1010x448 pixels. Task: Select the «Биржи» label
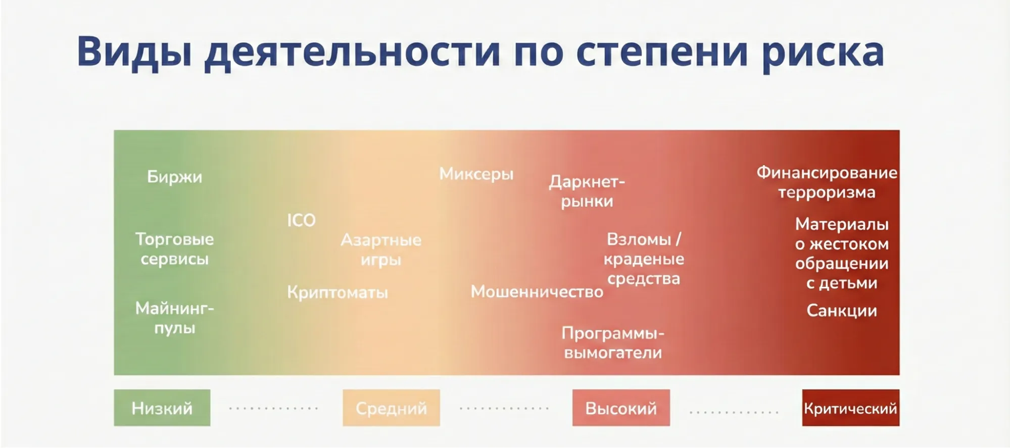point(174,177)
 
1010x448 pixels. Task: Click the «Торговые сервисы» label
point(174,249)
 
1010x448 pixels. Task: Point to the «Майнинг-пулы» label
point(174,318)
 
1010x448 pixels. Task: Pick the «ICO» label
point(301,220)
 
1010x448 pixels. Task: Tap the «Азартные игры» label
point(381,250)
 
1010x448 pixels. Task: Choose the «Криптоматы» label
point(338,292)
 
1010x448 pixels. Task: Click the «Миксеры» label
point(476,174)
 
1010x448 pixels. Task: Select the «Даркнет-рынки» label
point(587,191)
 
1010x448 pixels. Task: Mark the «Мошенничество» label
point(537,291)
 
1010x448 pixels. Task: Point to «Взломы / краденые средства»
point(644,259)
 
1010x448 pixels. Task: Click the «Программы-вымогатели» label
point(613,343)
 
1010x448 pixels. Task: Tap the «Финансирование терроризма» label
point(827,182)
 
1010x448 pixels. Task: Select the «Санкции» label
point(841,311)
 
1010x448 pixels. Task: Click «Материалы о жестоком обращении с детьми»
point(842,254)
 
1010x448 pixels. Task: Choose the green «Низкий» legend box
point(162,408)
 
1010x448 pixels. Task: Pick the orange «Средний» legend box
point(391,408)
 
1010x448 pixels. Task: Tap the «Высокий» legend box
point(621,408)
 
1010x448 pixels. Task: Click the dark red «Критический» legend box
point(850,408)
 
